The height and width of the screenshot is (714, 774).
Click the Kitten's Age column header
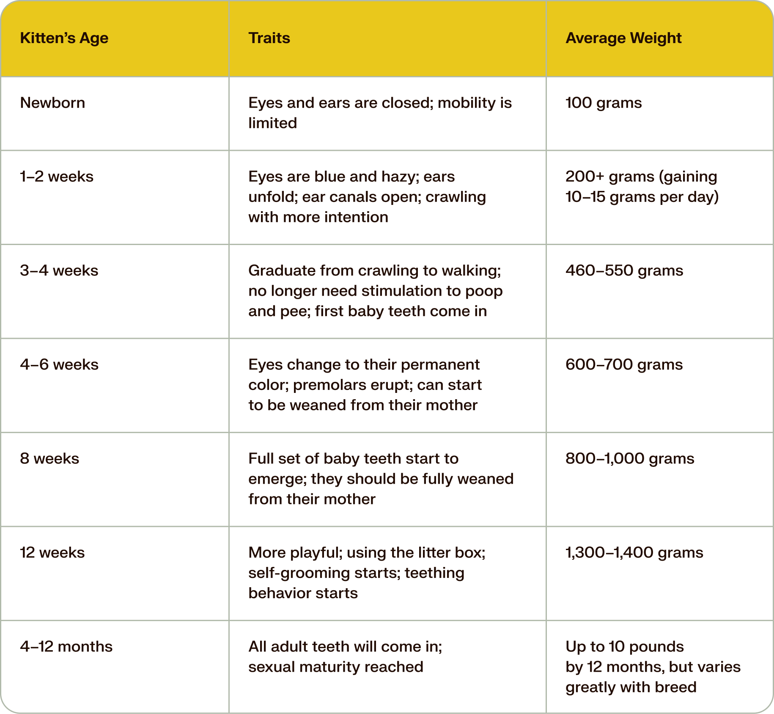click(x=64, y=38)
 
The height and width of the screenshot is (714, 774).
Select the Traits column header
click(x=269, y=38)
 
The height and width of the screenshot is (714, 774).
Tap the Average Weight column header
click(x=623, y=38)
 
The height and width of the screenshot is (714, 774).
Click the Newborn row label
click(x=52, y=103)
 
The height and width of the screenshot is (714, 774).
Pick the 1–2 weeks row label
click(x=57, y=176)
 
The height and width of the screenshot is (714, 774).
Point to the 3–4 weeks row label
click(x=59, y=270)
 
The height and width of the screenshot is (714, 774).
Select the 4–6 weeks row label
click(x=59, y=365)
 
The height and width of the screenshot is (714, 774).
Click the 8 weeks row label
click(x=49, y=458)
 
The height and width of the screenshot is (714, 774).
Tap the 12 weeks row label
click(x=52, y=553)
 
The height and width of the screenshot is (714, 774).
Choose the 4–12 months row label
click(x=66, y=646)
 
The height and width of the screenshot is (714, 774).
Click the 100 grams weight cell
click(x=604, y=103)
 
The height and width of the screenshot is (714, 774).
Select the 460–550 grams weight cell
click(x=624, y=270)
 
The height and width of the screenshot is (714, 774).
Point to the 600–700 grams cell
click(x=624, y=365)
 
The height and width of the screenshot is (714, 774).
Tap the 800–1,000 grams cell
click(x=630, y=458)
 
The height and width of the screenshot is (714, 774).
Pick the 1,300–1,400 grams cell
click(x=634, y=553)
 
